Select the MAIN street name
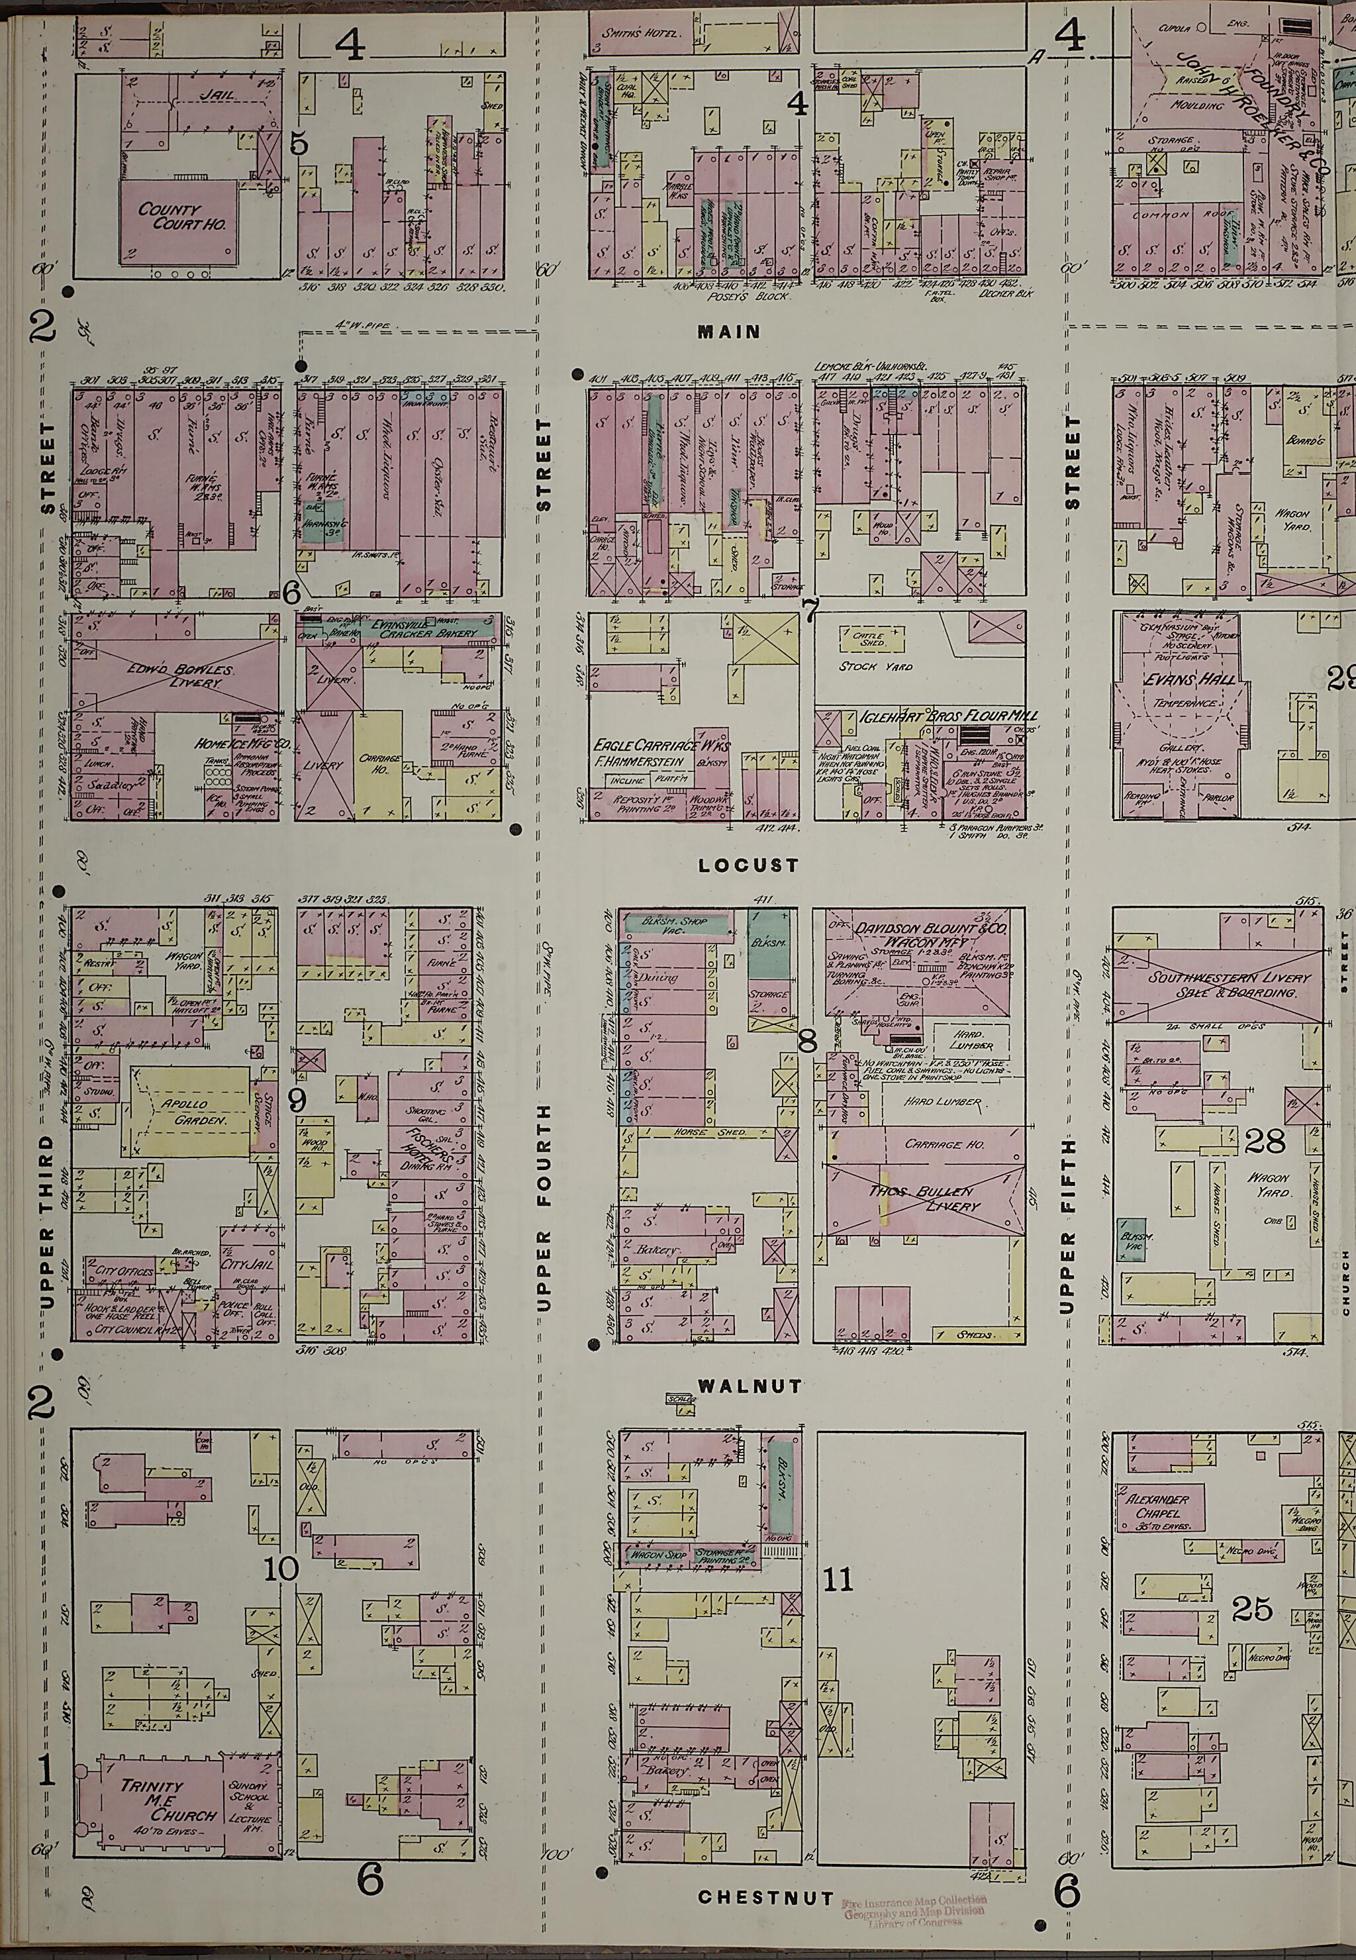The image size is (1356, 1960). (728, 332)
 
